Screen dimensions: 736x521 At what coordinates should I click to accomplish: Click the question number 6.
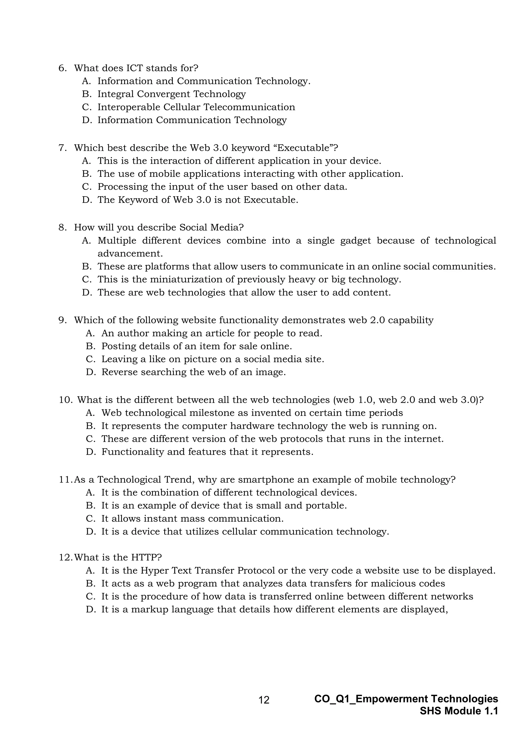pos(62,68)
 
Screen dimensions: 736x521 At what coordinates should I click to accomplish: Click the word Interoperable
pos(129,107)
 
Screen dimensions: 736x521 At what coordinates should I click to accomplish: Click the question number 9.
pos(62,320)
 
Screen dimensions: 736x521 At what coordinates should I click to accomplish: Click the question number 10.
pos(66,400)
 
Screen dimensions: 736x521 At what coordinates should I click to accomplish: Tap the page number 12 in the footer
pos(264,700)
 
